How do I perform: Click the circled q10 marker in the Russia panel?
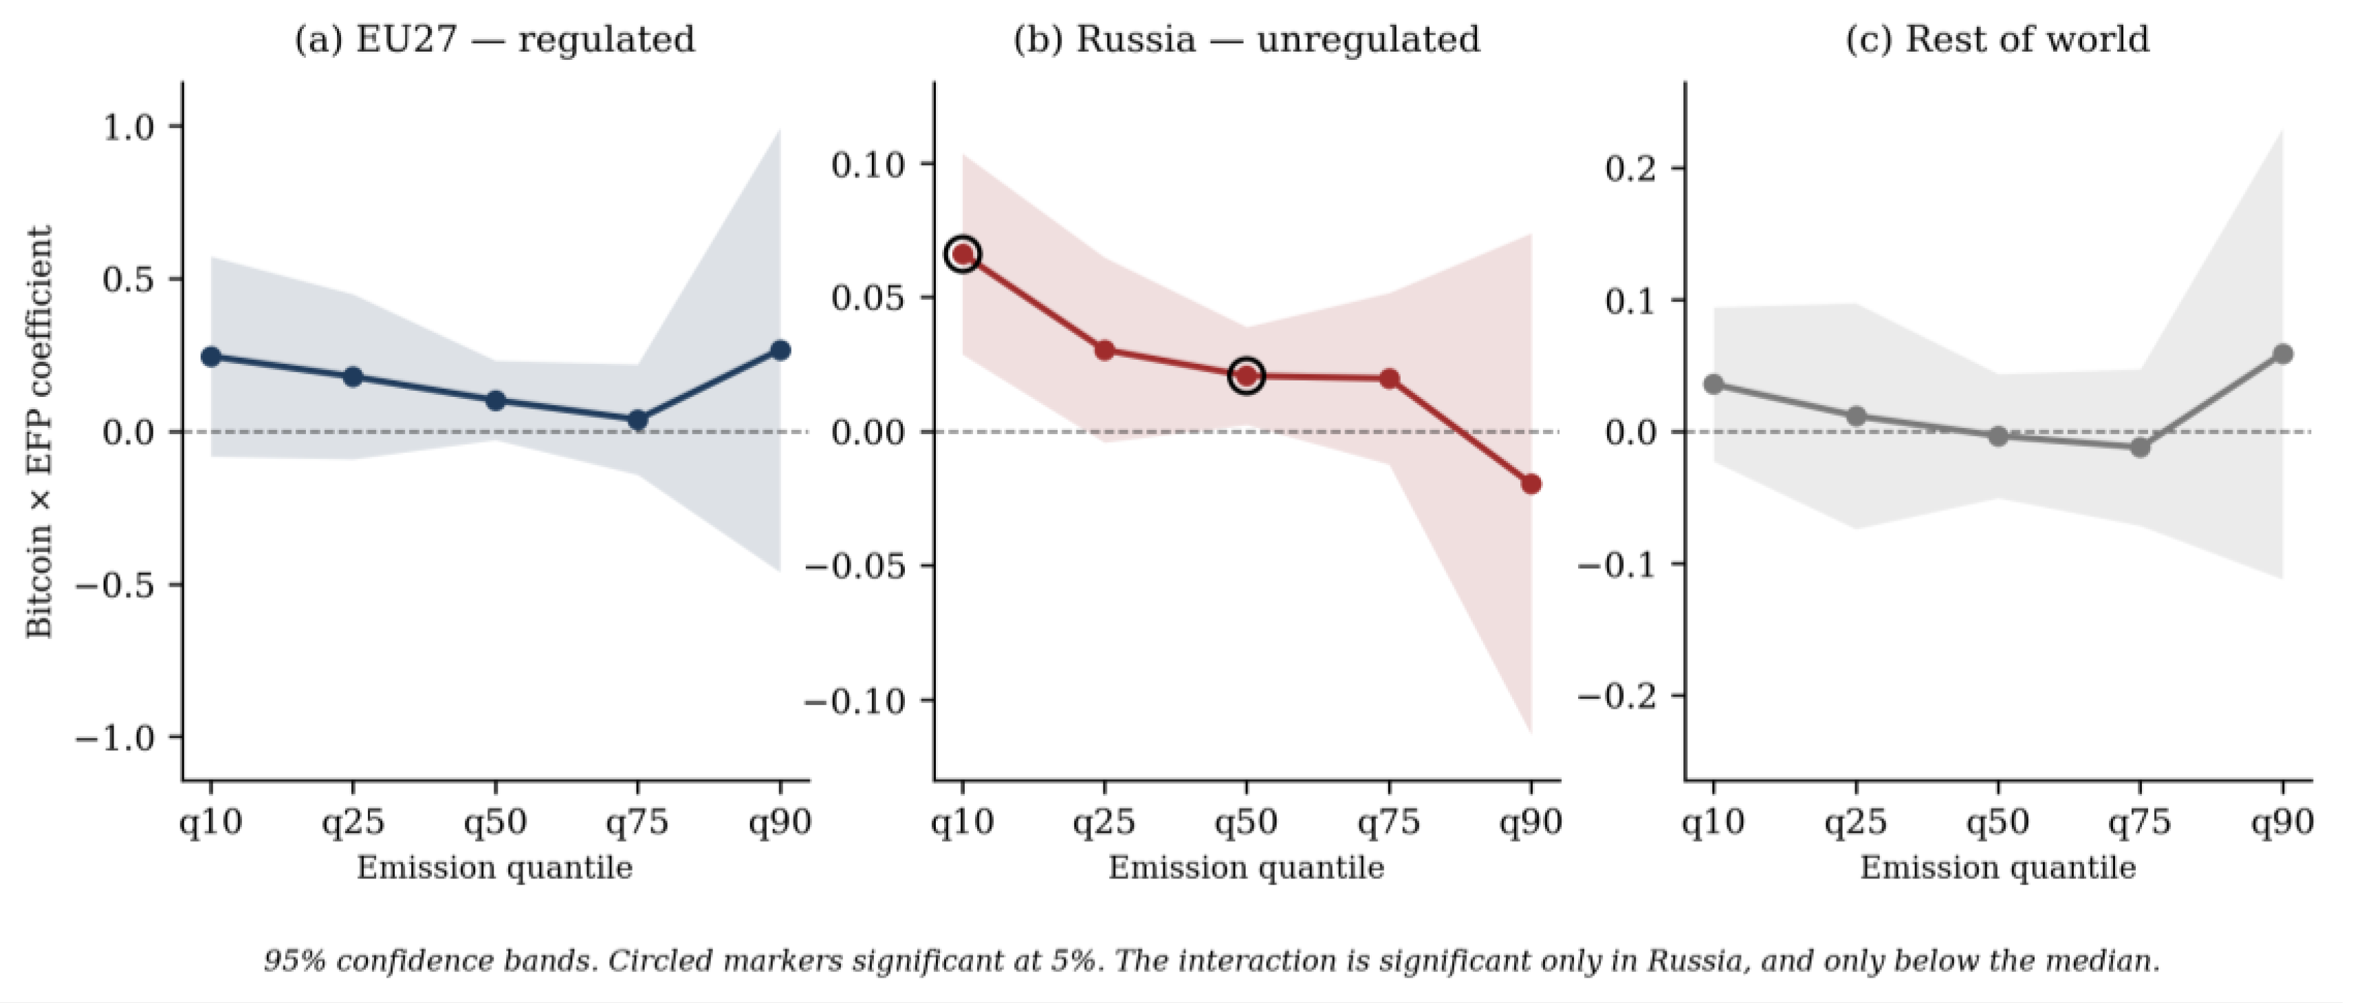click(963, 255)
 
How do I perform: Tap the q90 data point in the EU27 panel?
click(780, 350)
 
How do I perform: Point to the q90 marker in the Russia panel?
click(1531, 484)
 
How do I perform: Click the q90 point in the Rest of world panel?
click(2281, 354)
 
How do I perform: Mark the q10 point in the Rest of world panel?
click(1714, 385)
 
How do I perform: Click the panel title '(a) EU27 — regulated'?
click(494, 40)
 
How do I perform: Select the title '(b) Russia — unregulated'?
click(1247, 40)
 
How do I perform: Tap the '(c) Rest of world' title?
click(1998, 40)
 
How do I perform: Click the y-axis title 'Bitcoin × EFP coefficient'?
click(39, 432)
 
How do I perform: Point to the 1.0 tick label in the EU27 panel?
click(129, 127)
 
